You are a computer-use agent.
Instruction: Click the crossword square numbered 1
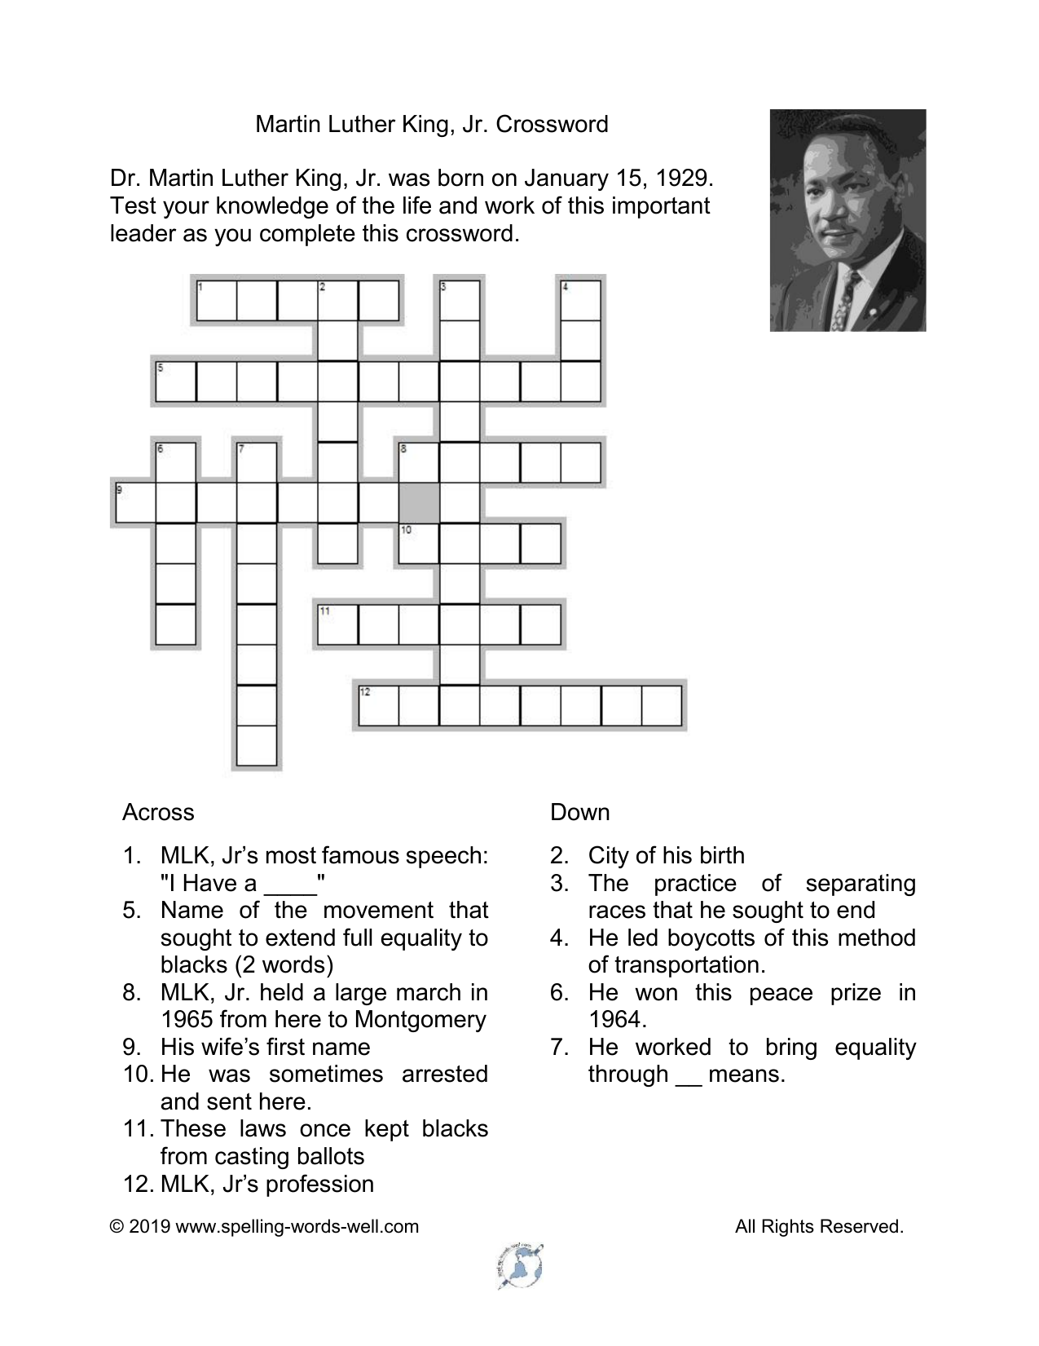point(216,300)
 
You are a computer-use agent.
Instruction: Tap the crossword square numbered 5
point(175,382)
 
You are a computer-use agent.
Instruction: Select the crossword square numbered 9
point(134,502)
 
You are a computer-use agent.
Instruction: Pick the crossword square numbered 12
point(378,705)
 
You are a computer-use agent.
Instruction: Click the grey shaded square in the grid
point(419,502)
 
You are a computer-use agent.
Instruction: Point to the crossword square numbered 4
point(581,300)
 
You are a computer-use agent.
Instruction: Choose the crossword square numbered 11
point(337,624)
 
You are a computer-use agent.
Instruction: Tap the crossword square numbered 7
point(256,462)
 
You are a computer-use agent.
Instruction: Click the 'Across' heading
point(158,812)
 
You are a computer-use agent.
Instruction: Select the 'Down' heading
point(579,812)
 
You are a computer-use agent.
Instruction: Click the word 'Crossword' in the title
point(552,124)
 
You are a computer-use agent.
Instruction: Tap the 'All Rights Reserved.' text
point(819,1226)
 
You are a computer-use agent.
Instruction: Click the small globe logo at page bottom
point(519,1268)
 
